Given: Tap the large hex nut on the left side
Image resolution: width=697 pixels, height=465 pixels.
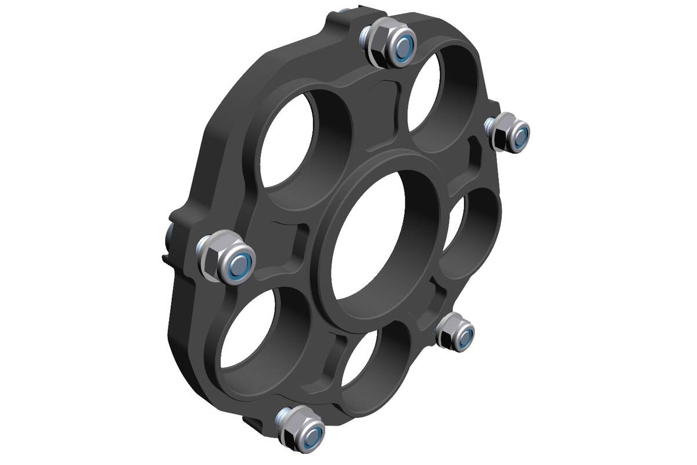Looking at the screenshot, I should pos(227,257).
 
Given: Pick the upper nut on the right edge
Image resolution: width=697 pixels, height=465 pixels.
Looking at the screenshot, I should pos(508,133).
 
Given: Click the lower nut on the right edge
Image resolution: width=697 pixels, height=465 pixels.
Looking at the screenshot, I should pos(455,332).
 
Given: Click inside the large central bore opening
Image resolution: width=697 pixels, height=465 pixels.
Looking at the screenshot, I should pos(366,238).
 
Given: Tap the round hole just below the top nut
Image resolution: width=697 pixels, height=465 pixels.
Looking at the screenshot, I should pos(423,93).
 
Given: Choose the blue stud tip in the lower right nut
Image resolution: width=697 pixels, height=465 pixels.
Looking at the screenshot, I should pos(464,337).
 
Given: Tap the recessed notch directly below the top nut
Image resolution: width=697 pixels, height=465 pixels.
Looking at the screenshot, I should pos(386,93).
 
